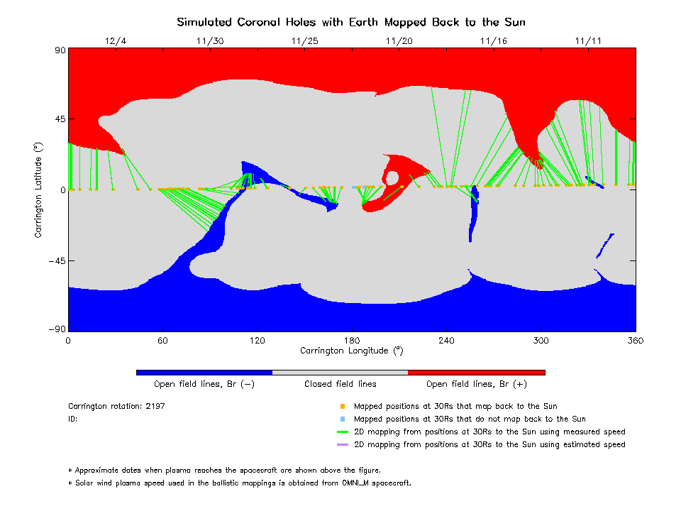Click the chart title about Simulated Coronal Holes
point(351,22)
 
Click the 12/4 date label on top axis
point(115,40)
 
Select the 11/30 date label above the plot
point(209,40)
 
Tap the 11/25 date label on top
point(304,40)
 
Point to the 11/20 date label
point(399,40)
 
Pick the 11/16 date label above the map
point(494,40)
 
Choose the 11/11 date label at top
point(588,40)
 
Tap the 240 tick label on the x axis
point(446,341)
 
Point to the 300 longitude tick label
point(541,341)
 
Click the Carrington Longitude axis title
point(351,351)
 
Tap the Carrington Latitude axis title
point(39,189)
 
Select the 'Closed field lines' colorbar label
point(340,384)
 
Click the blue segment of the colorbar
point(204,372)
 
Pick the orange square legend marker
point(342,407)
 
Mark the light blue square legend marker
point(342,419)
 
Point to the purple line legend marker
point(342,445)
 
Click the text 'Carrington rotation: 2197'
point(116,407)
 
